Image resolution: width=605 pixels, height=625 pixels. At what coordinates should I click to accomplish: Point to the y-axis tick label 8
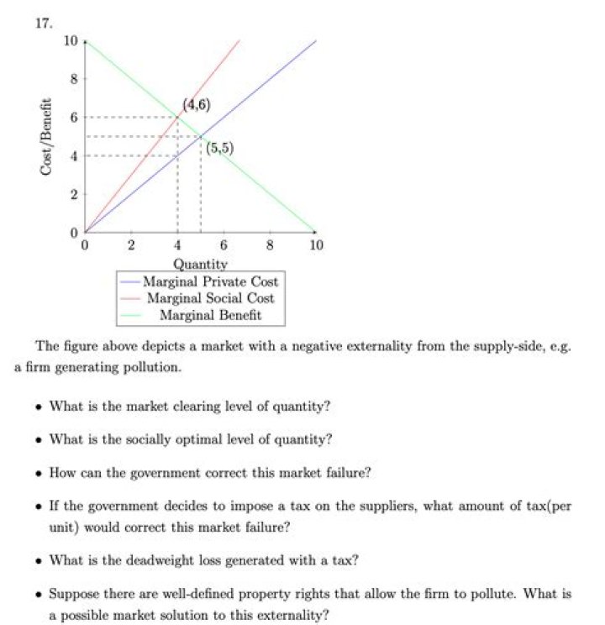(74, 79)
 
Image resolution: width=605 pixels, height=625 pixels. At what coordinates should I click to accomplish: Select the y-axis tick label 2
(74, 194)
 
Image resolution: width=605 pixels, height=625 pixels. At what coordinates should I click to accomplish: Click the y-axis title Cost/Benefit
(47, 138)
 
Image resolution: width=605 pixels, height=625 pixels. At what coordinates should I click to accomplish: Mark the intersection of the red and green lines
(177, 118)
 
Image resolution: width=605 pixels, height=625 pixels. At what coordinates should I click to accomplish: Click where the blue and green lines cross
(200, 137)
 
